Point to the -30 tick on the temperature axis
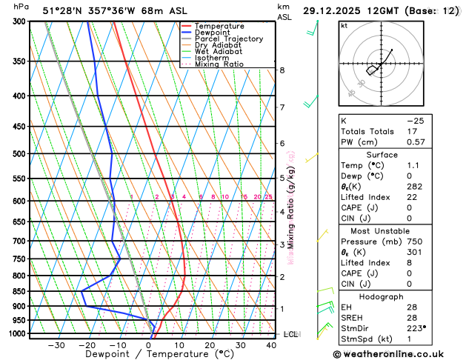tap(56, 345)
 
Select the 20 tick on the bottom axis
tap(210, 345)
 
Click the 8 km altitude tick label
tap(282, 70)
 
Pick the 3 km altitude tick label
tap(282, 244)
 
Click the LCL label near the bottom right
tap(290, 335)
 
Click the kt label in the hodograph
tap(344, 26)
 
